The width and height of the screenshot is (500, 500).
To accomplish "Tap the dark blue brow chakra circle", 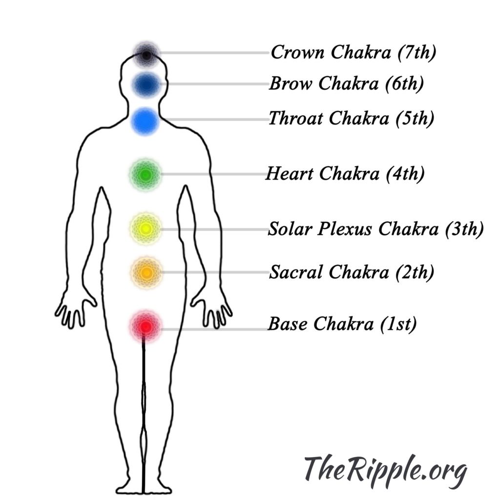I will pos(146,85).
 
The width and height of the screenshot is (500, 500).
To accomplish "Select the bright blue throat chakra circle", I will pos(146,121).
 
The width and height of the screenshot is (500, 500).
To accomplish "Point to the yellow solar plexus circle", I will pos(146,229).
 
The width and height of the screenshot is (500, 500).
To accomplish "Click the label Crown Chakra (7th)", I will pos(353,52).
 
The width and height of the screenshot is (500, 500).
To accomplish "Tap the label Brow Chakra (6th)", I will pos(346,84).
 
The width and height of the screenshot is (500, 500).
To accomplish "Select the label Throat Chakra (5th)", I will pos(351,118).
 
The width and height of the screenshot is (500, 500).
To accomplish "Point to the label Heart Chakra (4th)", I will pos(345,173).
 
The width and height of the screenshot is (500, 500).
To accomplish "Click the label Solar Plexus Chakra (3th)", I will pos(375,229).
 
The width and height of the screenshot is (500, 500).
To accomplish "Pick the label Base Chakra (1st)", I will pos(342,324).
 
